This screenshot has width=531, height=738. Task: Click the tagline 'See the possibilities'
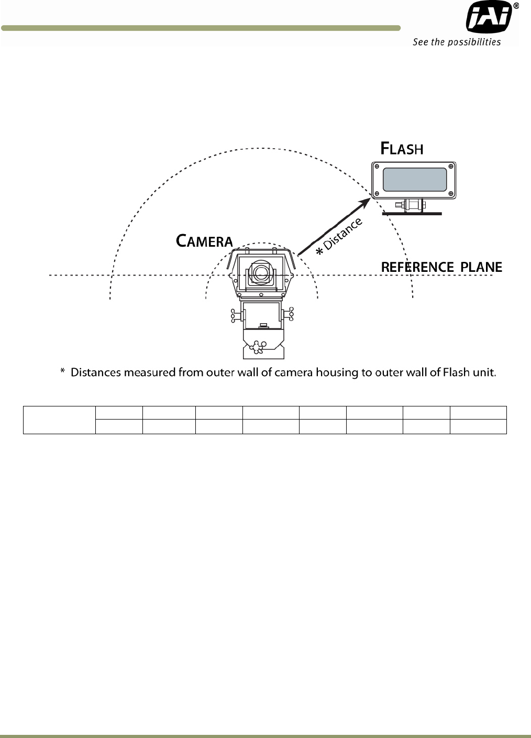457,42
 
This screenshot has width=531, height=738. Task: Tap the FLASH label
402,149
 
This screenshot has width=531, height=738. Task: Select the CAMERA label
204,241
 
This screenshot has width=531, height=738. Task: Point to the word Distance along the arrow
343,234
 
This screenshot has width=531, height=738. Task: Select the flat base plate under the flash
412,214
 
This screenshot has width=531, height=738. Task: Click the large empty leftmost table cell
59,420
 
